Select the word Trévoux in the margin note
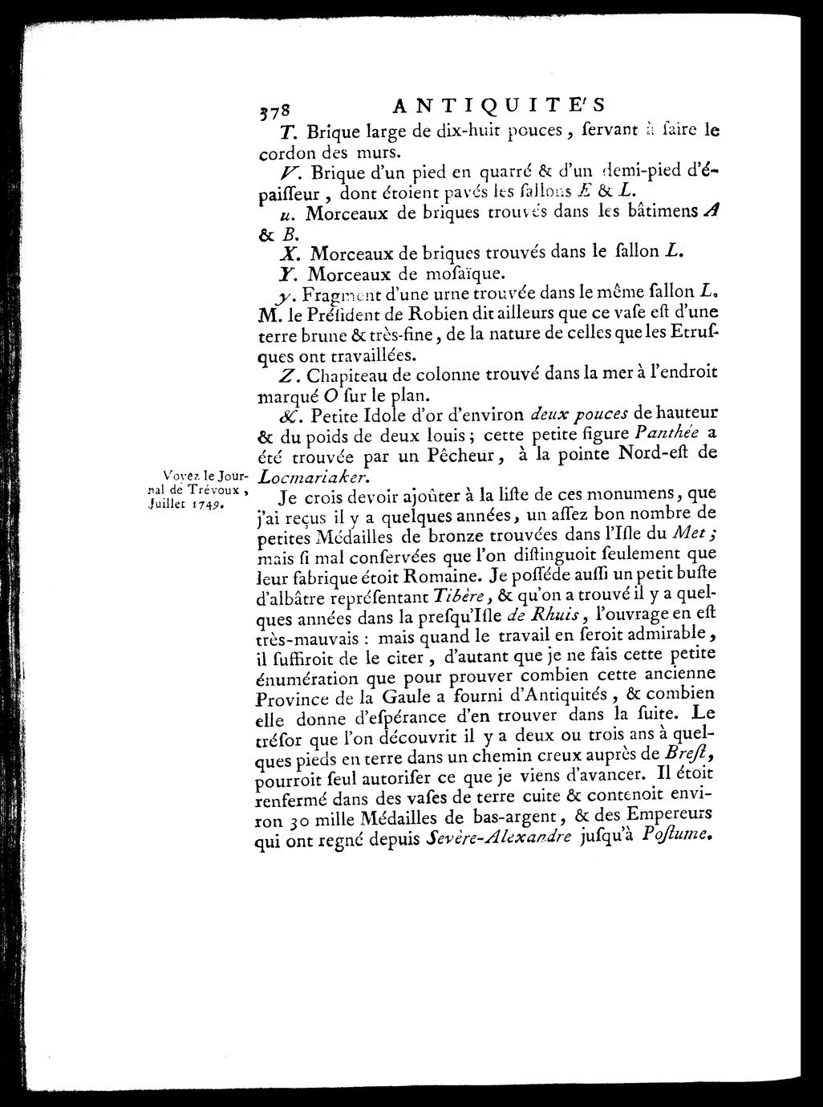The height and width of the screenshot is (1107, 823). (x=213, y=492)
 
